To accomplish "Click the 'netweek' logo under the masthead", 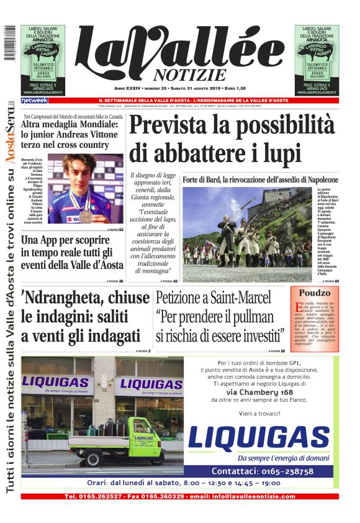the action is pos(34,100).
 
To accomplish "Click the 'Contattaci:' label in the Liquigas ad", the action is pos(235,471).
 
